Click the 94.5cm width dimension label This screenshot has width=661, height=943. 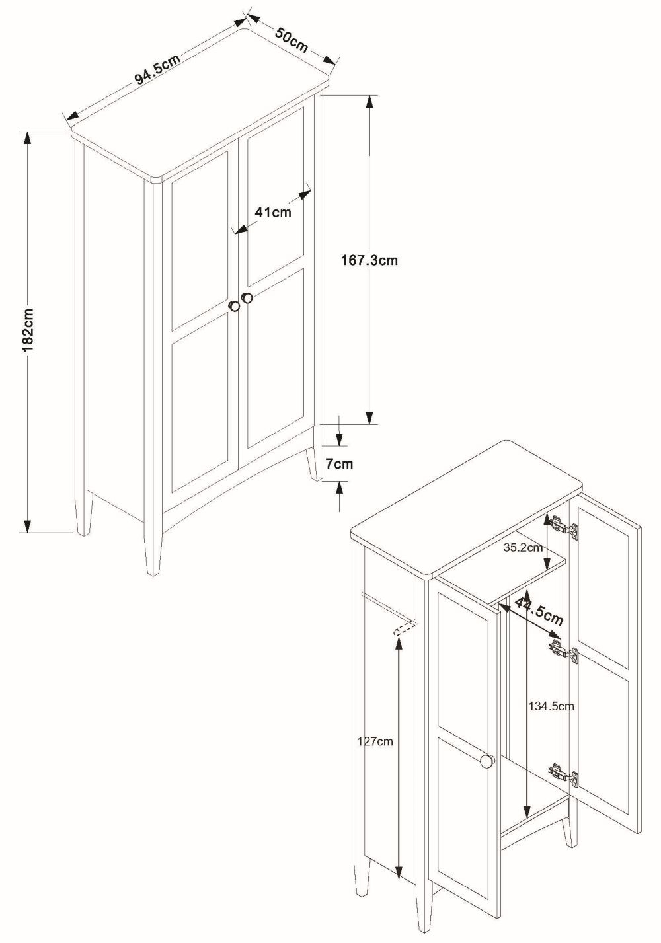157,68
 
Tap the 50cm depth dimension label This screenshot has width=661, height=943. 292,38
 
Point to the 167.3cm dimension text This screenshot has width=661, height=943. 369,260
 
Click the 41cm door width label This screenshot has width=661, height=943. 272,212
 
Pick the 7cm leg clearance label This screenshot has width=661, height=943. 338,463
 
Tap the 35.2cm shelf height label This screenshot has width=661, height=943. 523,547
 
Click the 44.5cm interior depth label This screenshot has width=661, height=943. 539,610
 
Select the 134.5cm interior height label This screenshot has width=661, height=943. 551,706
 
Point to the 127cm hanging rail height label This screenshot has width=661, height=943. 375,741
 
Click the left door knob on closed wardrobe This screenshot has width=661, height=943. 235,306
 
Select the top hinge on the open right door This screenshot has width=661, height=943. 563,528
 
